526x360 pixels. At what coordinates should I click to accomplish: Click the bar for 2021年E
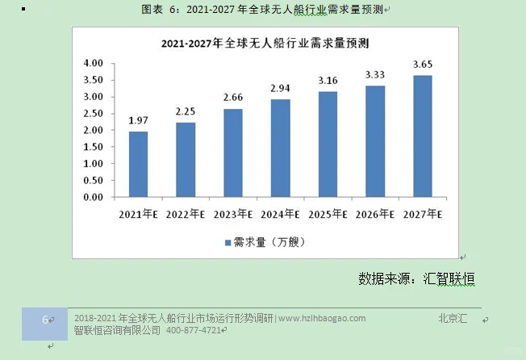[138, 164]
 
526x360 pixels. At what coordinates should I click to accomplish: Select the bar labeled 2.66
[233, 153]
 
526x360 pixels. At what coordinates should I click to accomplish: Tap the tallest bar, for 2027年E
[423, 136]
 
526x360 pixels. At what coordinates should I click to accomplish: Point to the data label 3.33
[375, 75]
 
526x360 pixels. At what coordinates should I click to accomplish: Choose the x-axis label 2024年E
[281, 215]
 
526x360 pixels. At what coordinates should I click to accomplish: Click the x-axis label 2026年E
[375, 215]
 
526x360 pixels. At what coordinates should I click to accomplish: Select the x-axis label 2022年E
[186, 215]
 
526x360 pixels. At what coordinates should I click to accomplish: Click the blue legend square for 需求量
[227, 241]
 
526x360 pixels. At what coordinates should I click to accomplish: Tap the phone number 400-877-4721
[194, 330]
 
